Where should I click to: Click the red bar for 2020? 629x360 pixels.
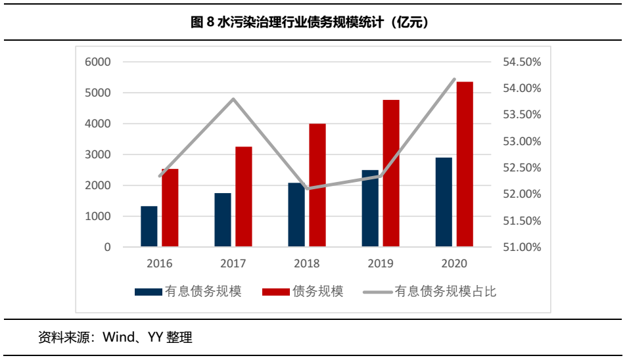tap(465, 164)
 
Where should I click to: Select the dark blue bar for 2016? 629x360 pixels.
tap(149, 227)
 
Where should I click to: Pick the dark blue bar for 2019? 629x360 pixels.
tap(370, 209)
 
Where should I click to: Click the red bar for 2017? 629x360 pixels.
tap(244, 197)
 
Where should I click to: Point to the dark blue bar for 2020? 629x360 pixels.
tap(444, 202)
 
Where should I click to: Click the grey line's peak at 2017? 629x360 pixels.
tap(233, 99)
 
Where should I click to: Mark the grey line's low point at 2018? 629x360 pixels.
tap(308, 189)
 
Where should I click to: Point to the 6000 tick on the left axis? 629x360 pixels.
tap(98, 62)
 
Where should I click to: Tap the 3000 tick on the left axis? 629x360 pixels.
tap(98, 154)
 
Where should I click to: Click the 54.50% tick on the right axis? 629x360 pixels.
tap(521, 62)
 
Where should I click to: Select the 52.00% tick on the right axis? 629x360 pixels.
tap(521, 194)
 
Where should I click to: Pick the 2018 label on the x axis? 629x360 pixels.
tap(307, 264)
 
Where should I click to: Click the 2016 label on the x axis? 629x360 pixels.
tap(160, 264)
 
